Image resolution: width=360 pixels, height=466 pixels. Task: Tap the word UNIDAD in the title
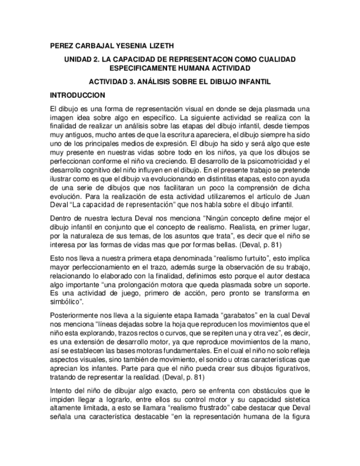[80, 59]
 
